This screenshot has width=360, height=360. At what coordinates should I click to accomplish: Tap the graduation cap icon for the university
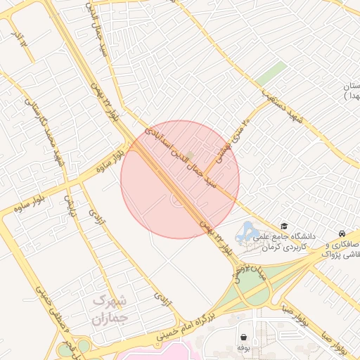(x=284, y=226)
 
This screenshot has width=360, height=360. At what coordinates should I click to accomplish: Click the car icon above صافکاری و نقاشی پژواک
(x=341, y=233)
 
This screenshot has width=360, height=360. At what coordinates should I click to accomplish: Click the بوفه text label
(x=243, y=347)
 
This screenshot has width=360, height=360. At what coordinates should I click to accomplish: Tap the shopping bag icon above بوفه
(x=243, y=337)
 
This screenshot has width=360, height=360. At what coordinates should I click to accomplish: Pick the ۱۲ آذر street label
(x=21, y=39)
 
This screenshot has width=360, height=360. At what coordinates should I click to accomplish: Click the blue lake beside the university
(x=247, y=231)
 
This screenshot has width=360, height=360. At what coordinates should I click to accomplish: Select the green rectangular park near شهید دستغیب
(x=271, y=74)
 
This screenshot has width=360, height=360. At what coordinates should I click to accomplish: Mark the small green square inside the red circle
(x=189, y=154)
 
